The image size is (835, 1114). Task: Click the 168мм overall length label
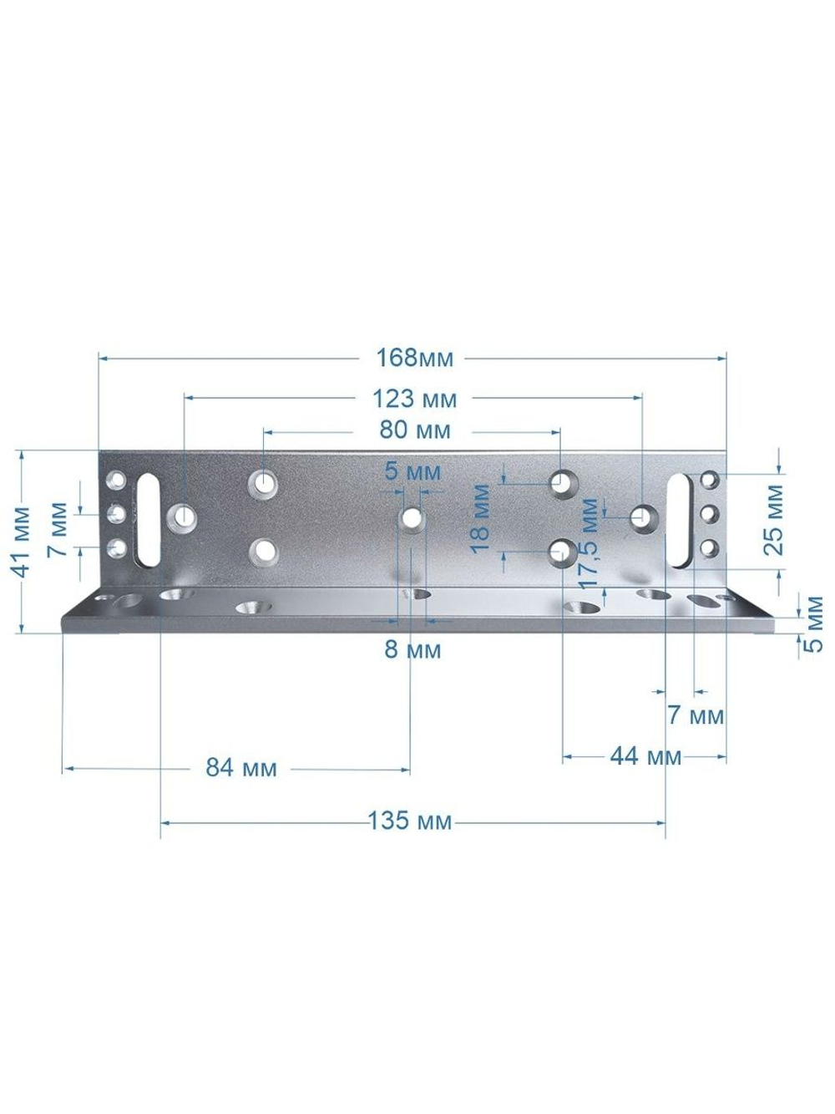tap(414, 359)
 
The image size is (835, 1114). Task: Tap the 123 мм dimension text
tap(415, 399)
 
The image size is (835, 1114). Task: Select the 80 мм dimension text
tap(415, 430)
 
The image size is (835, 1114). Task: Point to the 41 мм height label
tap(21, 542)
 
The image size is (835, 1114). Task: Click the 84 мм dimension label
tap(241, 768)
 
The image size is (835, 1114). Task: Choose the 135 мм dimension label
tap(410, 821)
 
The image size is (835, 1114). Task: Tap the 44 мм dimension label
tap(645, 756)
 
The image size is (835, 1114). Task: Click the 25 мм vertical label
tap(774, 521)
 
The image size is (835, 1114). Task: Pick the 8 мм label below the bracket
tap(412, 650)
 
